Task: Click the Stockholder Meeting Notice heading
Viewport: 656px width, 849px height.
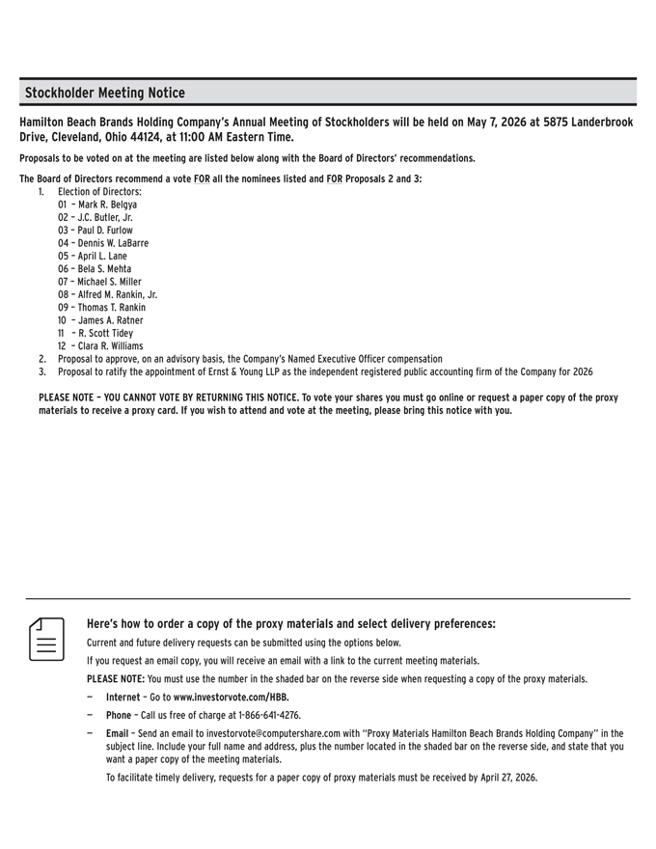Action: (104, 93)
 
